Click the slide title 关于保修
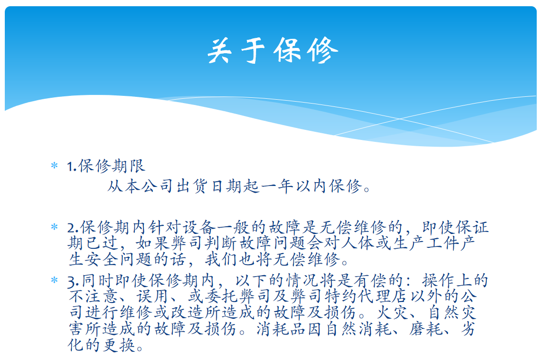(x=272, y=50)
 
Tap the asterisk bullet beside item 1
(x=54, y=166)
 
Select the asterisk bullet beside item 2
(x=54, y=227)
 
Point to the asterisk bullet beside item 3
(x=54, y=280)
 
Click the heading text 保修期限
(x=111, y=166)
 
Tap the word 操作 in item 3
(x=438, y=280)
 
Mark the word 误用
(x=152, y=296)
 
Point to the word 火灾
(x=393, y=312)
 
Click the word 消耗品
(x=281, y=328)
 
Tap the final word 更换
(x=118, y=345)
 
